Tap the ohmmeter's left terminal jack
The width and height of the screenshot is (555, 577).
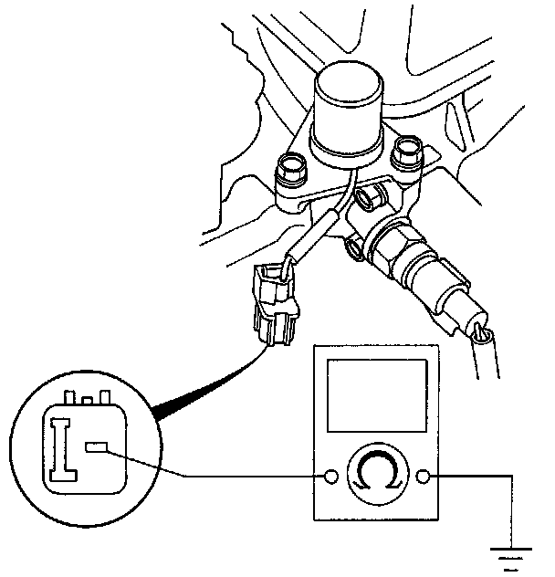[x=331, y=476]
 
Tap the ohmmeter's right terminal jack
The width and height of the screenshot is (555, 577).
[x=423, y=476]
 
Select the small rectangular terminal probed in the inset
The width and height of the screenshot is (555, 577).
[x=98, y=447]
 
